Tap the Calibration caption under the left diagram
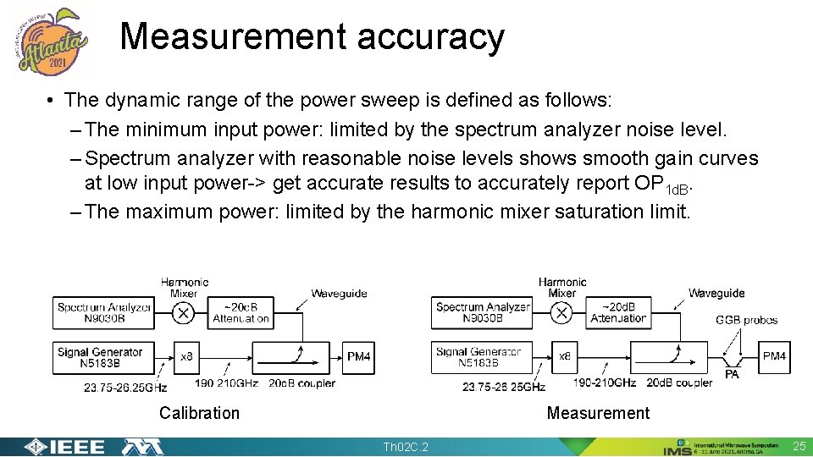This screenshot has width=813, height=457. [199, 413]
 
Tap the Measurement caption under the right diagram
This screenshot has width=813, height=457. [598, 413]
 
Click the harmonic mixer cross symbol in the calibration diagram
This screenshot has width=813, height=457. [183, 313]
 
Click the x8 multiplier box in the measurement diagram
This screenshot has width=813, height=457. [565, 357]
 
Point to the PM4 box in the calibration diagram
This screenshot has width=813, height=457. [359, 357]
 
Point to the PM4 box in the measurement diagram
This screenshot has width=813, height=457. [774, 356]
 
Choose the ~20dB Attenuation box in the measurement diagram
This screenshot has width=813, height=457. [618, 312]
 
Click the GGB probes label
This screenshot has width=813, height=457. [746, 320]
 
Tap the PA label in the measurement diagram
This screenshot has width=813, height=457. [732, 374]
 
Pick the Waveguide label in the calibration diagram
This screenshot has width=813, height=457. [339, 294]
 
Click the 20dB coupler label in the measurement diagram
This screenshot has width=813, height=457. [679, 383]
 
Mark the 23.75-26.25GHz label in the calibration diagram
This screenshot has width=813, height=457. [125, 388]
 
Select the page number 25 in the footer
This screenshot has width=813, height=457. [799, 446]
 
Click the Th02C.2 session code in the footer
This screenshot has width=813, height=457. [406, 447]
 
